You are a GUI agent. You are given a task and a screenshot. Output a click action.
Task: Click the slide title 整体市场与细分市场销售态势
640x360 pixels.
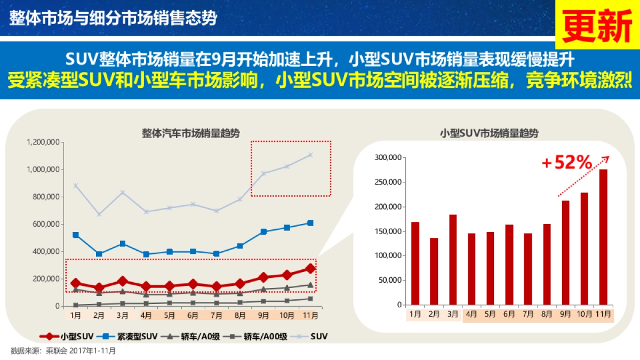113,18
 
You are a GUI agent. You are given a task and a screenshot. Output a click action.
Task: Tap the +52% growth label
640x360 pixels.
566,163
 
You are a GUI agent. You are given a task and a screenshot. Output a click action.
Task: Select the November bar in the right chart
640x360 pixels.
603,237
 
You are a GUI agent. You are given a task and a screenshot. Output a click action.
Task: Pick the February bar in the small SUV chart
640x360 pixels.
434,271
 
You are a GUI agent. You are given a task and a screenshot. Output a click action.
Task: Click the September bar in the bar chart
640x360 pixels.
565,252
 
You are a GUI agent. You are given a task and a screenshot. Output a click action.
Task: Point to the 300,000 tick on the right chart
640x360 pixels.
388,158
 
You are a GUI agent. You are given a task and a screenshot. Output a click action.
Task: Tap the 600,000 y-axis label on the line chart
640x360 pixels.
47,224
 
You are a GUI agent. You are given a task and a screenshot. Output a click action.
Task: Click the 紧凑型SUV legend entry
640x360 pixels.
129,337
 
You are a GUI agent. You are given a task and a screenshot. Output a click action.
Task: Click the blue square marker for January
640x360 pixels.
76,235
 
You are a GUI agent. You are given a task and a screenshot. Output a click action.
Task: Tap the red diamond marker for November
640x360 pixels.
310,269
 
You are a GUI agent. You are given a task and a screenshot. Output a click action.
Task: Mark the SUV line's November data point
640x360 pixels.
310,155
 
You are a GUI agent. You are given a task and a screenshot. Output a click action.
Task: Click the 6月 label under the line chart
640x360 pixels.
193,315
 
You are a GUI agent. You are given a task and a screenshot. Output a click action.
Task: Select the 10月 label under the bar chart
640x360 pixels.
584,315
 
